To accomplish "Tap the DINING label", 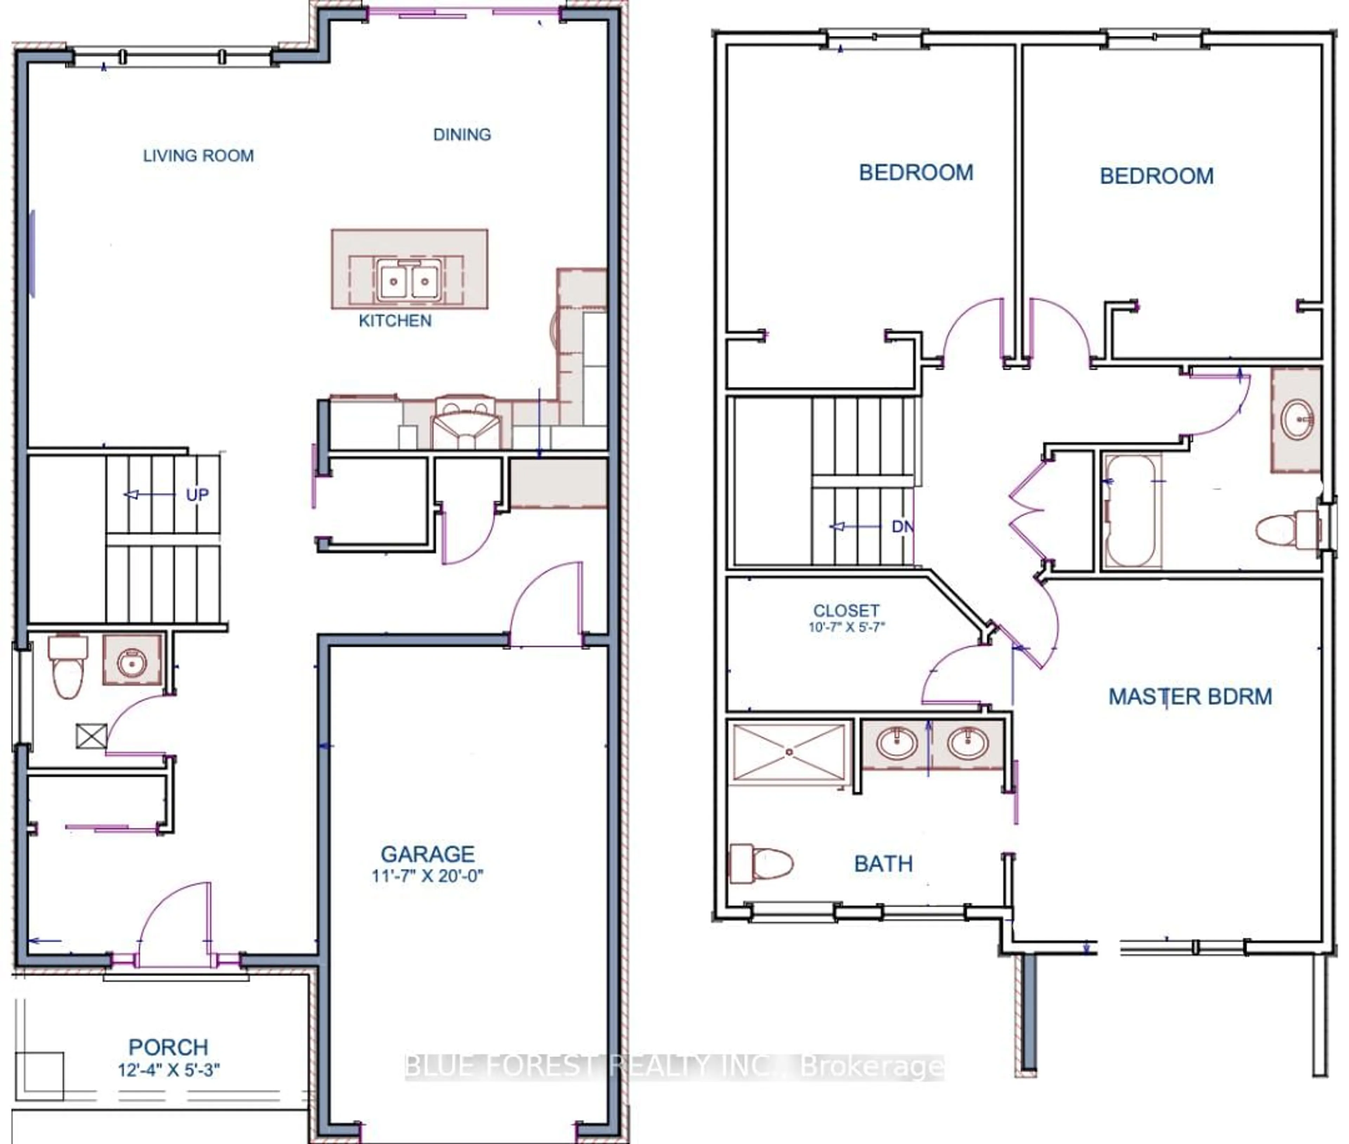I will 462,134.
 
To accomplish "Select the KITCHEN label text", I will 395,320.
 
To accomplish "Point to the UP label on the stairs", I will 197,495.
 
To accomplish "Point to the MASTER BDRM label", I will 1190,697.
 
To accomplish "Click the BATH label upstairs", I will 883,864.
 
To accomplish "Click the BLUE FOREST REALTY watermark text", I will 674,1066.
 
